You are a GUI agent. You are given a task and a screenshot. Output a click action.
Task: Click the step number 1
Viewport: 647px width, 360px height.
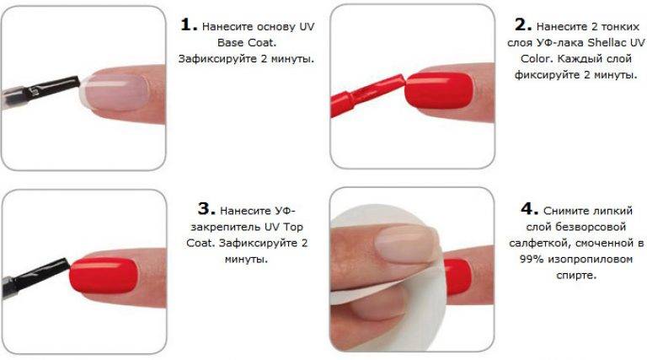[x=189, y=24]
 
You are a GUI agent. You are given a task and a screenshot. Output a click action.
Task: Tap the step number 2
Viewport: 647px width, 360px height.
[x=523, y=24]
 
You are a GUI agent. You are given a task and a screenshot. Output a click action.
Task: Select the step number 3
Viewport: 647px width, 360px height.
[x=206, y=208]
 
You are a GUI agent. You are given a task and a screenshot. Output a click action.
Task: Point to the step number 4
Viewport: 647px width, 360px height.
[x=529, y=208]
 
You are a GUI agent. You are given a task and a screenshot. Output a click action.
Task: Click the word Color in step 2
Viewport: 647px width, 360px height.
[x=536, y=59]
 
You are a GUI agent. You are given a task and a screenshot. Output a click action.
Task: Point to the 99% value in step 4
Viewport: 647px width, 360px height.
[x=532, y=260]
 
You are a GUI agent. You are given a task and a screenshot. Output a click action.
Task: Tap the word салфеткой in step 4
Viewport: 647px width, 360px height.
[x=535, y=243]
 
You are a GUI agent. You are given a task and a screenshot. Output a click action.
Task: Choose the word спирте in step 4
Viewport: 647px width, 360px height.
[x=576, y=276]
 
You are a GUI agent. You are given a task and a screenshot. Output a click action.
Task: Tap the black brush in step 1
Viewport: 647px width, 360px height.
[x=40, y=90]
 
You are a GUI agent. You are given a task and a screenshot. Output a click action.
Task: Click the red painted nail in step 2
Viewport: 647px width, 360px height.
[x=439, y=90]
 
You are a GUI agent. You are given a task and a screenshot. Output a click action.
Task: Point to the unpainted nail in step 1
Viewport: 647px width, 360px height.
[x=115, y=90]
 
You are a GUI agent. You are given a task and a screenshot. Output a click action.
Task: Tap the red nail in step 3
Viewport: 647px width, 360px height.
[x=103, y=276]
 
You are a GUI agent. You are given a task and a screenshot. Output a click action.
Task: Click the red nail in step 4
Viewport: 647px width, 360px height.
[x=457, y=277]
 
